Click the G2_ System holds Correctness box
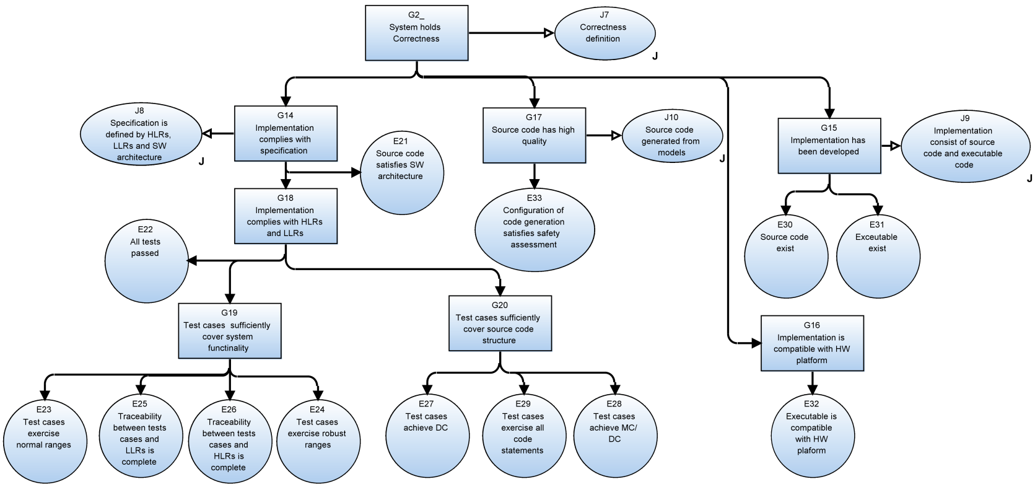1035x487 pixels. (x=416, y=33)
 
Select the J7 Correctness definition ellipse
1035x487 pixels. (x=605, y=33)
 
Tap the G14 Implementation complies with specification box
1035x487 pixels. (x=286, y=133)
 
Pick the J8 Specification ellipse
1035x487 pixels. (x=140, y=134)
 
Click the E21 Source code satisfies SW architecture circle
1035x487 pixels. (x=401, y=172)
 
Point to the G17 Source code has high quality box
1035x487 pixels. (x=534, y=136)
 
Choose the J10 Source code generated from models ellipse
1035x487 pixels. (x=672, y=136)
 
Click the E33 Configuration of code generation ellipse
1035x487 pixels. (x=534, y=229)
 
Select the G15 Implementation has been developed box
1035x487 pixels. (x=829, y=146)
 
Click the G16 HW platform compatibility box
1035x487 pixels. (x=812, y=343)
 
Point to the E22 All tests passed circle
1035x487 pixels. (x=146, y=262)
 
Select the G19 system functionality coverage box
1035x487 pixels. (x=229, y=330)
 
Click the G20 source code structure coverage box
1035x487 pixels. (x=499, y=323)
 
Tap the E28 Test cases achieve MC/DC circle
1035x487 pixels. (x=614, y=436)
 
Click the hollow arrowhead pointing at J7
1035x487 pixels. (x=548, y=33)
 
